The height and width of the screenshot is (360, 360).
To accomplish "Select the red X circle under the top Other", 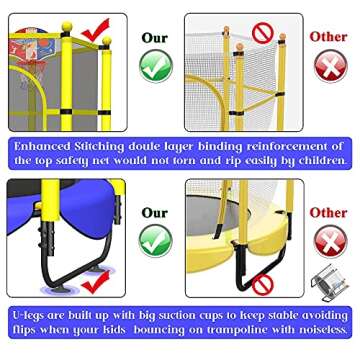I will [329, 66].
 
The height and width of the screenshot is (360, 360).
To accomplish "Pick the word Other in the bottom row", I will [328, 212].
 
